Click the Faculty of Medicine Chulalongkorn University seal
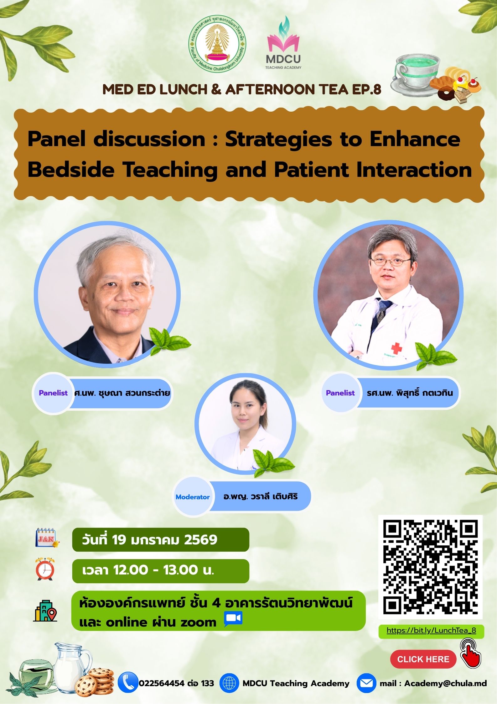[x=217, y=44]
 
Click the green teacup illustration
[x=415, y=76]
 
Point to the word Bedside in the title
[x=71, y=169]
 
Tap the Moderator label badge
[x=193, y=497]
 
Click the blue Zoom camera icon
[x=233, y=619]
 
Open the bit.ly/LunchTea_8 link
[x=431, y=630]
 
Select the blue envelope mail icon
[x=366, y=683]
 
